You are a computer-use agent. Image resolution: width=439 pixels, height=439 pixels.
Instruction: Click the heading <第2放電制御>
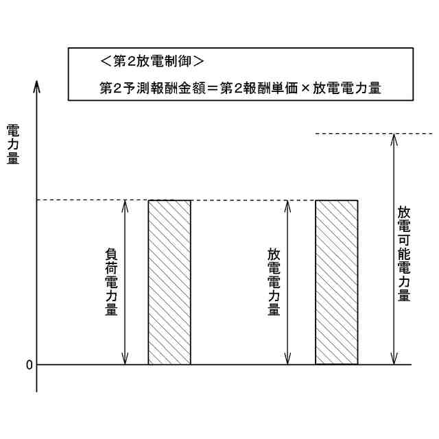tap(152, 61)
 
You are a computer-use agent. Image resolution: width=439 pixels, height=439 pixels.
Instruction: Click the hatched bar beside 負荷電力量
tap(169, 282)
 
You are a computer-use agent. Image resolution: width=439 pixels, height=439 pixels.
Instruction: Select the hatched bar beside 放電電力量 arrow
tap(336, 282)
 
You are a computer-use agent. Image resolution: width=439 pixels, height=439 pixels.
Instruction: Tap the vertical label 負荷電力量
tap(110, 282)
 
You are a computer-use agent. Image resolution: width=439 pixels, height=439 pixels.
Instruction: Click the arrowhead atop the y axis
tap(37, 87)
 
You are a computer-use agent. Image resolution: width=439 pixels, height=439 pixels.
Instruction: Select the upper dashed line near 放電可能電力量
tap(374, 133)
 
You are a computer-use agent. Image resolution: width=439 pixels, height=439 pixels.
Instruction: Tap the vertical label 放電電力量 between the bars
tap(273, 282)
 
